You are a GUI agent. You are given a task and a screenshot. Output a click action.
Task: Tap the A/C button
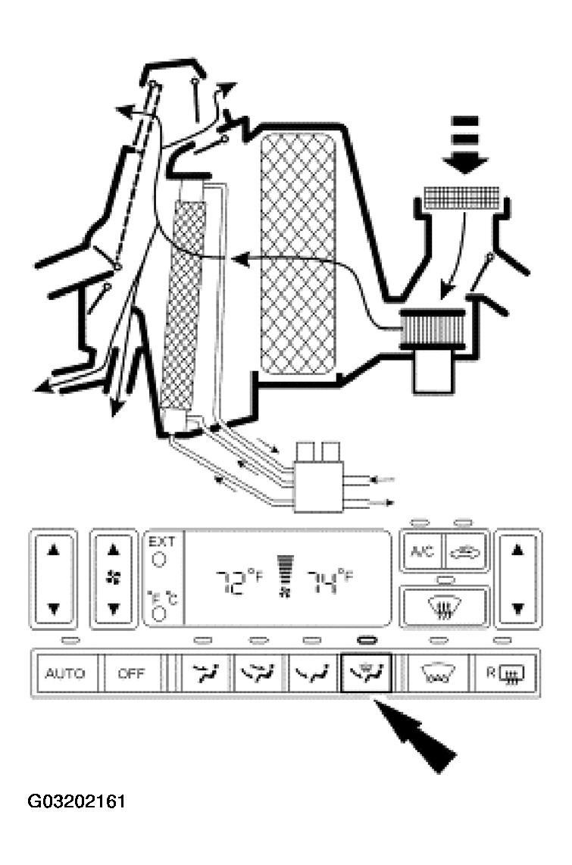tap(421, 551)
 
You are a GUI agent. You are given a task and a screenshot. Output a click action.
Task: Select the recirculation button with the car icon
tap(465, 551)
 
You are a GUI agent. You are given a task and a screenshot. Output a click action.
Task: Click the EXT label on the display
tap(161, 542)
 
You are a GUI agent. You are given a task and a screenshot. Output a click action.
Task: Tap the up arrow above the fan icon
tap(114, 550)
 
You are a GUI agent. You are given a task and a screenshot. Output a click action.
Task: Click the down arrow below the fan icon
tap(114, 607)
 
